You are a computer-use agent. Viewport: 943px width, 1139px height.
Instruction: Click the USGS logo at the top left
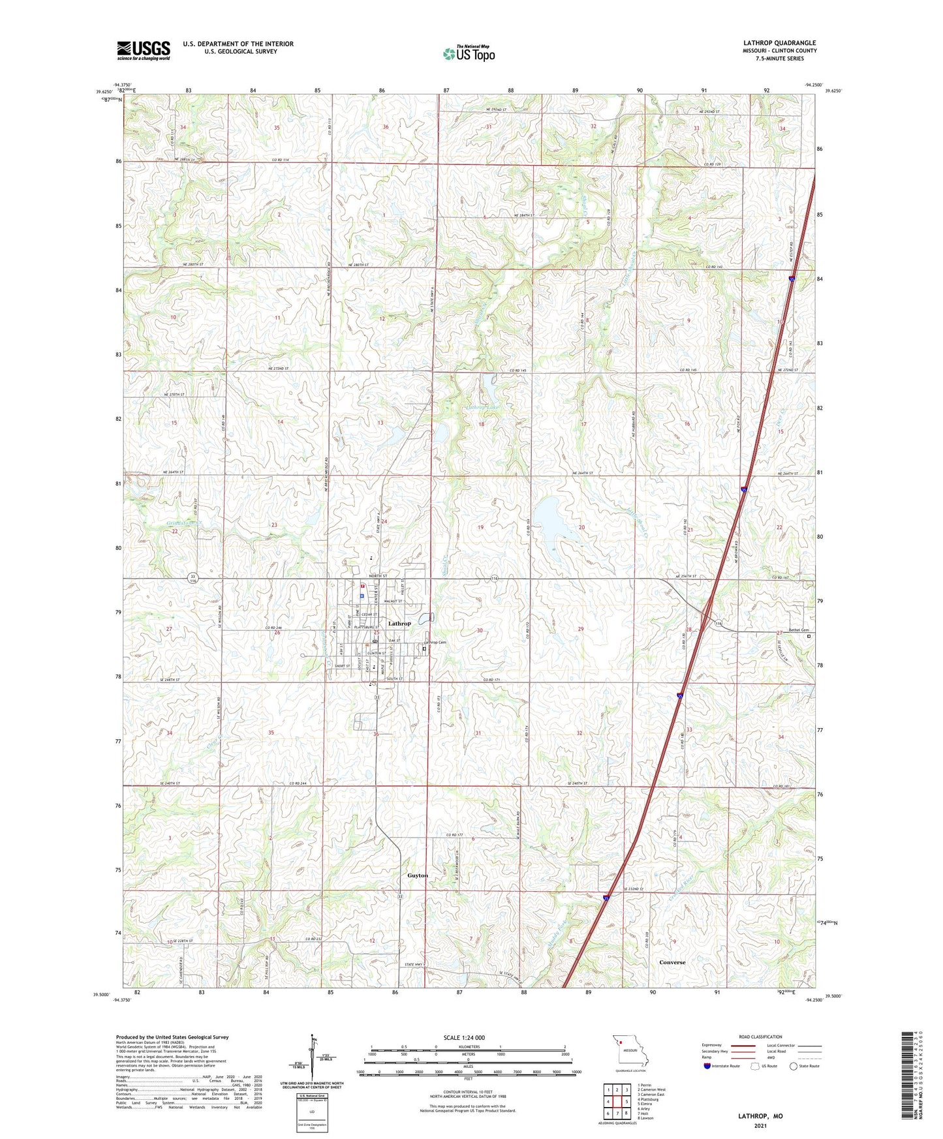(144, 50)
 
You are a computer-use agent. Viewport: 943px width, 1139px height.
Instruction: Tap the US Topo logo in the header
(468, 53)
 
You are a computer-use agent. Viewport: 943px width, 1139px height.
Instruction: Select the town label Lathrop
(399, 624)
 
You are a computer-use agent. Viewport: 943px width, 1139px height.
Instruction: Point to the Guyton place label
(418, 875)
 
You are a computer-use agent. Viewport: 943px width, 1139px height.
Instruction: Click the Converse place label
(672, 962)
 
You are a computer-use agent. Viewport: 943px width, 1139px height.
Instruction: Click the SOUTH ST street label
(397, 679)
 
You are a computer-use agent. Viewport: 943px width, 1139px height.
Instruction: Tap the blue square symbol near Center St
(362, 596)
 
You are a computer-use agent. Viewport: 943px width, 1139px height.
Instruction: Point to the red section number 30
(480, 630)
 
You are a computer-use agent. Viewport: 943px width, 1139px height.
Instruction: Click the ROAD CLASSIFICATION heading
(760, 1037)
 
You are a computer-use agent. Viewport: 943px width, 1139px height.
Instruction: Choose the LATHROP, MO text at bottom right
(760, 1116)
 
